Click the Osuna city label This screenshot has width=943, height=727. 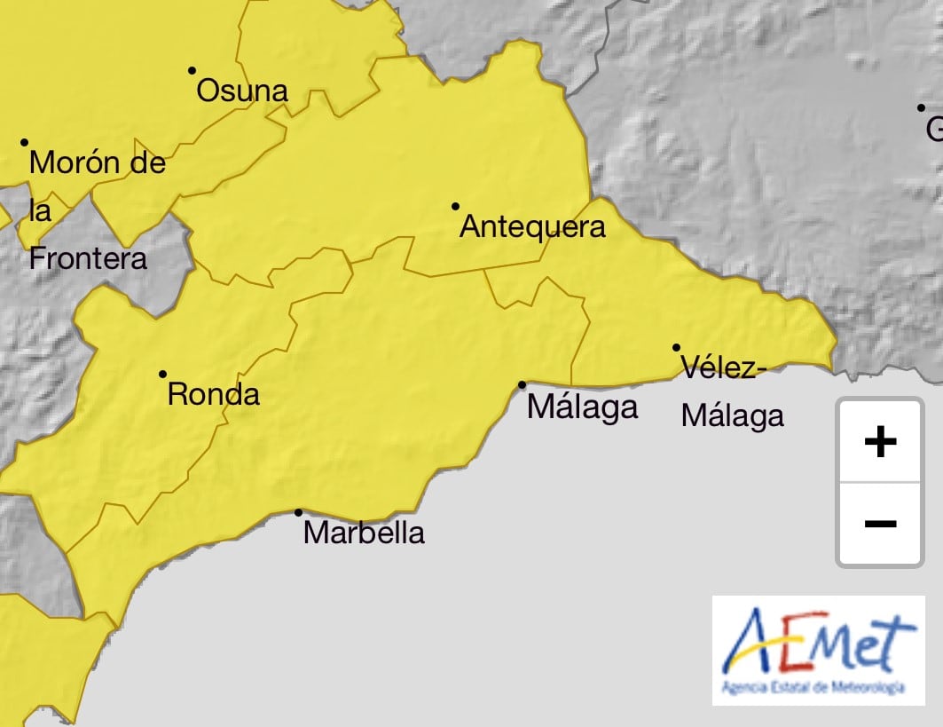242,91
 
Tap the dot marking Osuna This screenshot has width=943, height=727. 192,70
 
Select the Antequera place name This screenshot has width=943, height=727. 532,227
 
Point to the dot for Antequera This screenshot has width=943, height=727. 455,206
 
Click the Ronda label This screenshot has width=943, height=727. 214,394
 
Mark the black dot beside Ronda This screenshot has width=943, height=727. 162,375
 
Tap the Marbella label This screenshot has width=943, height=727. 364,533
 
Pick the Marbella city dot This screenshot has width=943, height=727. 298,512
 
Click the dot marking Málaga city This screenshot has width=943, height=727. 522,384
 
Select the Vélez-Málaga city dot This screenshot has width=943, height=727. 676,347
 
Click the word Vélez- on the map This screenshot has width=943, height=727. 719,367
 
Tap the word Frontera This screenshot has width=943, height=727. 88,258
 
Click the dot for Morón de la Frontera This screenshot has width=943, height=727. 25,142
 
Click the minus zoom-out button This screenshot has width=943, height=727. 879,524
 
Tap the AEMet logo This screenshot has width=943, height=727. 818,651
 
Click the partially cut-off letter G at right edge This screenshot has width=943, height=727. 934,130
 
